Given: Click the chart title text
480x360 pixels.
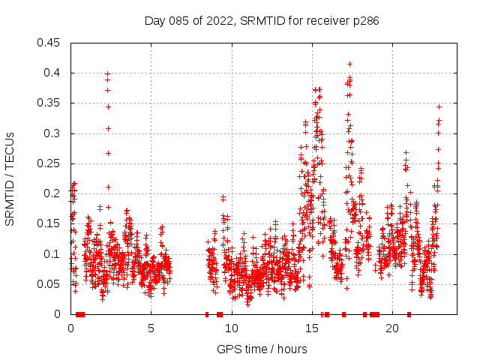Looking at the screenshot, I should tap(261, 21).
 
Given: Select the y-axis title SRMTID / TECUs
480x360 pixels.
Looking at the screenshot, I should tap(10, 178).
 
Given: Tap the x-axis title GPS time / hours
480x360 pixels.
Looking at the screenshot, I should tap(261, 349).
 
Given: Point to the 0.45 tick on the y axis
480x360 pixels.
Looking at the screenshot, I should tap(49, 43).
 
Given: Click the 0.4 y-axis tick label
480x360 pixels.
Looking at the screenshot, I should tap(52, 73).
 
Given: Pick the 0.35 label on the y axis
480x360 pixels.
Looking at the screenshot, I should tap(49, 103).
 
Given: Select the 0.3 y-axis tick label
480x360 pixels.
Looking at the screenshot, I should tap(52, 133).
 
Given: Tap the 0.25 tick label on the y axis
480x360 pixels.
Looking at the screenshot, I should tap(49, 163).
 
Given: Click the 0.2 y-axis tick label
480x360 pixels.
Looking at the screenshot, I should tap(52, 193).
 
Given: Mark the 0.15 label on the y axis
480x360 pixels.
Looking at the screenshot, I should tap(49, 224).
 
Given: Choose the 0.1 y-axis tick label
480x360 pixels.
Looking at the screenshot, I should tap(52, 254).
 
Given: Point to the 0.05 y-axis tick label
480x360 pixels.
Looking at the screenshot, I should tap(49, 284).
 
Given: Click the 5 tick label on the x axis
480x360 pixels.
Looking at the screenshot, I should tap(151, 328).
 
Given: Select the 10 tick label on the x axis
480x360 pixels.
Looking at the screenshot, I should tap(231, 328).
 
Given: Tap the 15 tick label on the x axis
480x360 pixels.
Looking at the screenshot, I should tap(311, 328).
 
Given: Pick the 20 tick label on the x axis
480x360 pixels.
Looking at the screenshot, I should tap(391, 328).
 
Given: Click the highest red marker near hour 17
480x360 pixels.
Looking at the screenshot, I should tap(349, 64).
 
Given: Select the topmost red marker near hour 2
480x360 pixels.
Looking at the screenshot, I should tap(107, 73).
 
